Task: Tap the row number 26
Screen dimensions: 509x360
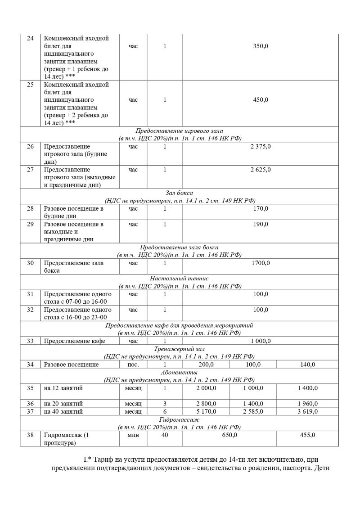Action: (x=31, y=146)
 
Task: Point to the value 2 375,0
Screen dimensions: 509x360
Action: (x=261, y=146)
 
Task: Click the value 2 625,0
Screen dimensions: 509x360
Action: (x=261, y=170)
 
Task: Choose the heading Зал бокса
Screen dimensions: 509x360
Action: (x=180, y=193)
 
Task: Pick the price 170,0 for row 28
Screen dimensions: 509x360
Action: (x=261, y=208)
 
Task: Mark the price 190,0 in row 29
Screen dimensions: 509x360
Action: (x=261, y=224)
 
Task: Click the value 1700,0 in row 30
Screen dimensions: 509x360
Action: (x=261, y=263)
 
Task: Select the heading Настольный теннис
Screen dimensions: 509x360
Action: (x=180, y=278)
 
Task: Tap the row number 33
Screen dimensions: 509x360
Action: (x=31, y=341)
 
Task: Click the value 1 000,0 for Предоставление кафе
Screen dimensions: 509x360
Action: (x=261, y=341)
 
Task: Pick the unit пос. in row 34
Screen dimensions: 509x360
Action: (x=133, y=364)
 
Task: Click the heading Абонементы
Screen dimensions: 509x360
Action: (x=180, y=372)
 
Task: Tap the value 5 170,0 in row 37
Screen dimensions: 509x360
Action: (x=206, y=411)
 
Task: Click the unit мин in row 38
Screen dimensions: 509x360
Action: (x=133, y=435)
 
